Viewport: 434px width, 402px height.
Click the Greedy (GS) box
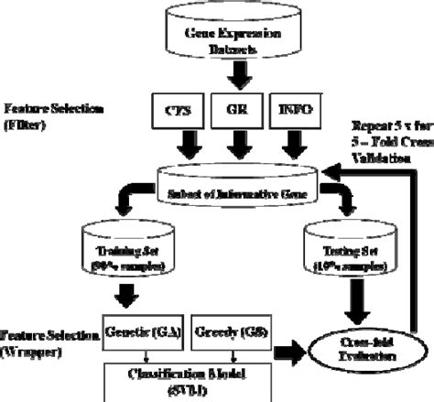click(225, 334)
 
